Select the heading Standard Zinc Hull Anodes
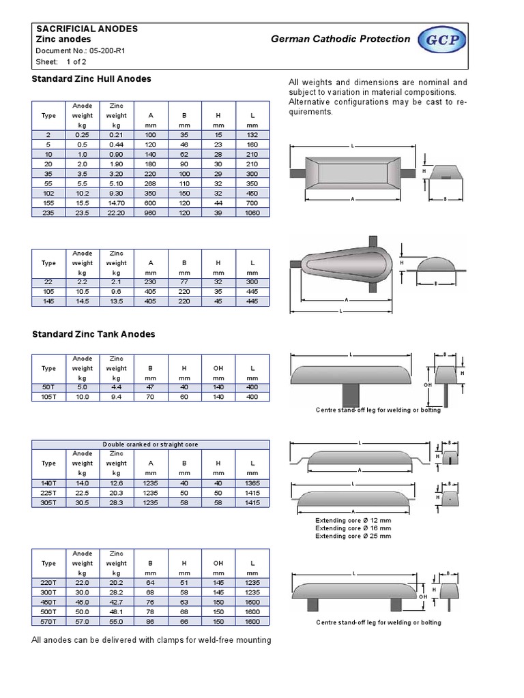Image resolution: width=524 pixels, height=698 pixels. pos(92,79)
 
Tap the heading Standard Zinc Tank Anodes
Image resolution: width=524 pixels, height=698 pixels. pos(94,334)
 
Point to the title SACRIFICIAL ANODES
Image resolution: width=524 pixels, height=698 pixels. pos(87,29)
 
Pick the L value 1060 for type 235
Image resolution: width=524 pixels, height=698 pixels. pos(252,213)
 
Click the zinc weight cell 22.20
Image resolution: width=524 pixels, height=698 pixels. pos(117,213)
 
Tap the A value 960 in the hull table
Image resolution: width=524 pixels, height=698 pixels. pos(151,213)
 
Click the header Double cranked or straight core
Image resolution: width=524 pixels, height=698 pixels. pos(151,444)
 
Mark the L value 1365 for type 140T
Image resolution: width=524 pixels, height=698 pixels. pos(252,483)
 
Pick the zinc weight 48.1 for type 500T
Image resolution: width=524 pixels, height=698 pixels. pos(117,613)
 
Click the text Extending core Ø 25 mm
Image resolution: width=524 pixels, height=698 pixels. pos(353,536)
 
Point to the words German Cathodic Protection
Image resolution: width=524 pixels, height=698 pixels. pos(340,39)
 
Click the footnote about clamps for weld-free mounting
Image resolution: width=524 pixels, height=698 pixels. pos(151,639)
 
